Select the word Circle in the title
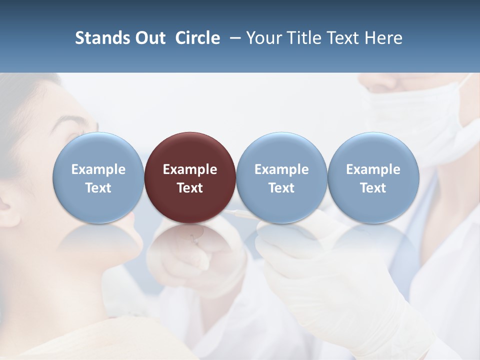tap(197, 38)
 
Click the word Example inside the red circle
tap(190, 169)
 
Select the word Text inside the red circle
tap(190, 188)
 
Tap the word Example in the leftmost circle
tap(98, 169)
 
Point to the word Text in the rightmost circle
tap(373, 188)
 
